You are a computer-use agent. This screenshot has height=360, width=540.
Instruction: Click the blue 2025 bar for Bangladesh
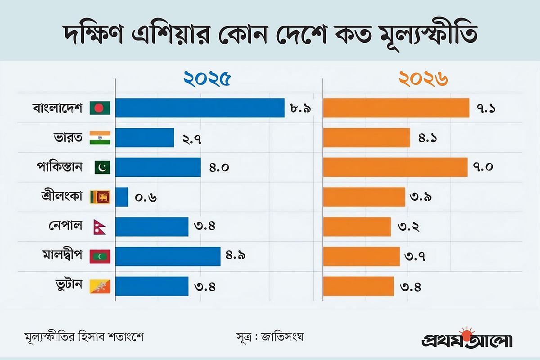pyautogui.click(x=200, y=108)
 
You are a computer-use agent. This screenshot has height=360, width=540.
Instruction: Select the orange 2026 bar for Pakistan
pyautogui.click(x=396, y=167)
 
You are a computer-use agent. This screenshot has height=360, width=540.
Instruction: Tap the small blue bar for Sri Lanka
pyautogui.click(x=122, y=197)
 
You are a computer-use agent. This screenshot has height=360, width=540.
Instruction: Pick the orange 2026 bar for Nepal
pyautogui.click(x=357, y=226)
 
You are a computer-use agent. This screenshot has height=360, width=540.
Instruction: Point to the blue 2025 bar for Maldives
pyautogui.click(x=168, y=256)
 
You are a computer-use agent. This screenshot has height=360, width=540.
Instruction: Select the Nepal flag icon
pyautogui.click(x=96, y=226)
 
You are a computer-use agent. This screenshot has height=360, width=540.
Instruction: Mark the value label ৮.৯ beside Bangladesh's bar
pyautogui.click(x=301, y=108)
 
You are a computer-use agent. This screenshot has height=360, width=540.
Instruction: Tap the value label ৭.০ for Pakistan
pyautogui.click(x=484, y=167)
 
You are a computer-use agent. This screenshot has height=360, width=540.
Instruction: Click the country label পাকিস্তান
pyautogui.click(x=59, y=167)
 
